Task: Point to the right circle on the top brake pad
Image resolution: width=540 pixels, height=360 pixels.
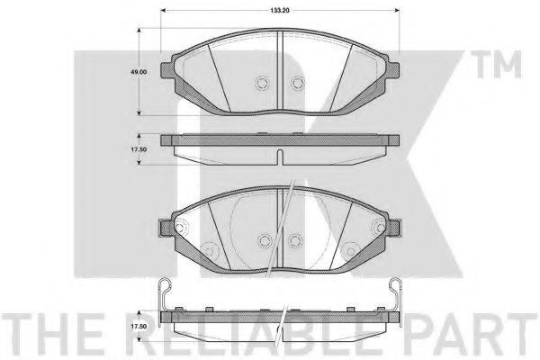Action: point(296,84)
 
